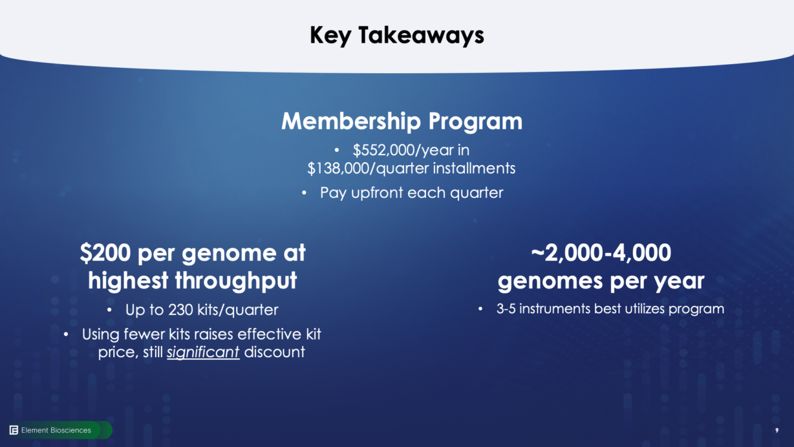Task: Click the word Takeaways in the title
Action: click(421, 36)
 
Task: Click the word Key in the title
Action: click(330, 36)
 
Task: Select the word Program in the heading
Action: click(475, 122)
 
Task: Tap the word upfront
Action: click(377, 193)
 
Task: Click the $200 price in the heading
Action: click(105, 253)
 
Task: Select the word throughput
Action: click(236, 281)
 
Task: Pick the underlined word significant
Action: click(203, 353)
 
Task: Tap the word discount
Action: click(274, 353)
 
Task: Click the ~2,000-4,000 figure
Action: click(601, 253)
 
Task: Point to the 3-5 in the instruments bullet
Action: click(506, 309)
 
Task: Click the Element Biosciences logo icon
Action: click(14, 430)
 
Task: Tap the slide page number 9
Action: click(777, 430)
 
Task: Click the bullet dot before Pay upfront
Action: click(304, 193)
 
